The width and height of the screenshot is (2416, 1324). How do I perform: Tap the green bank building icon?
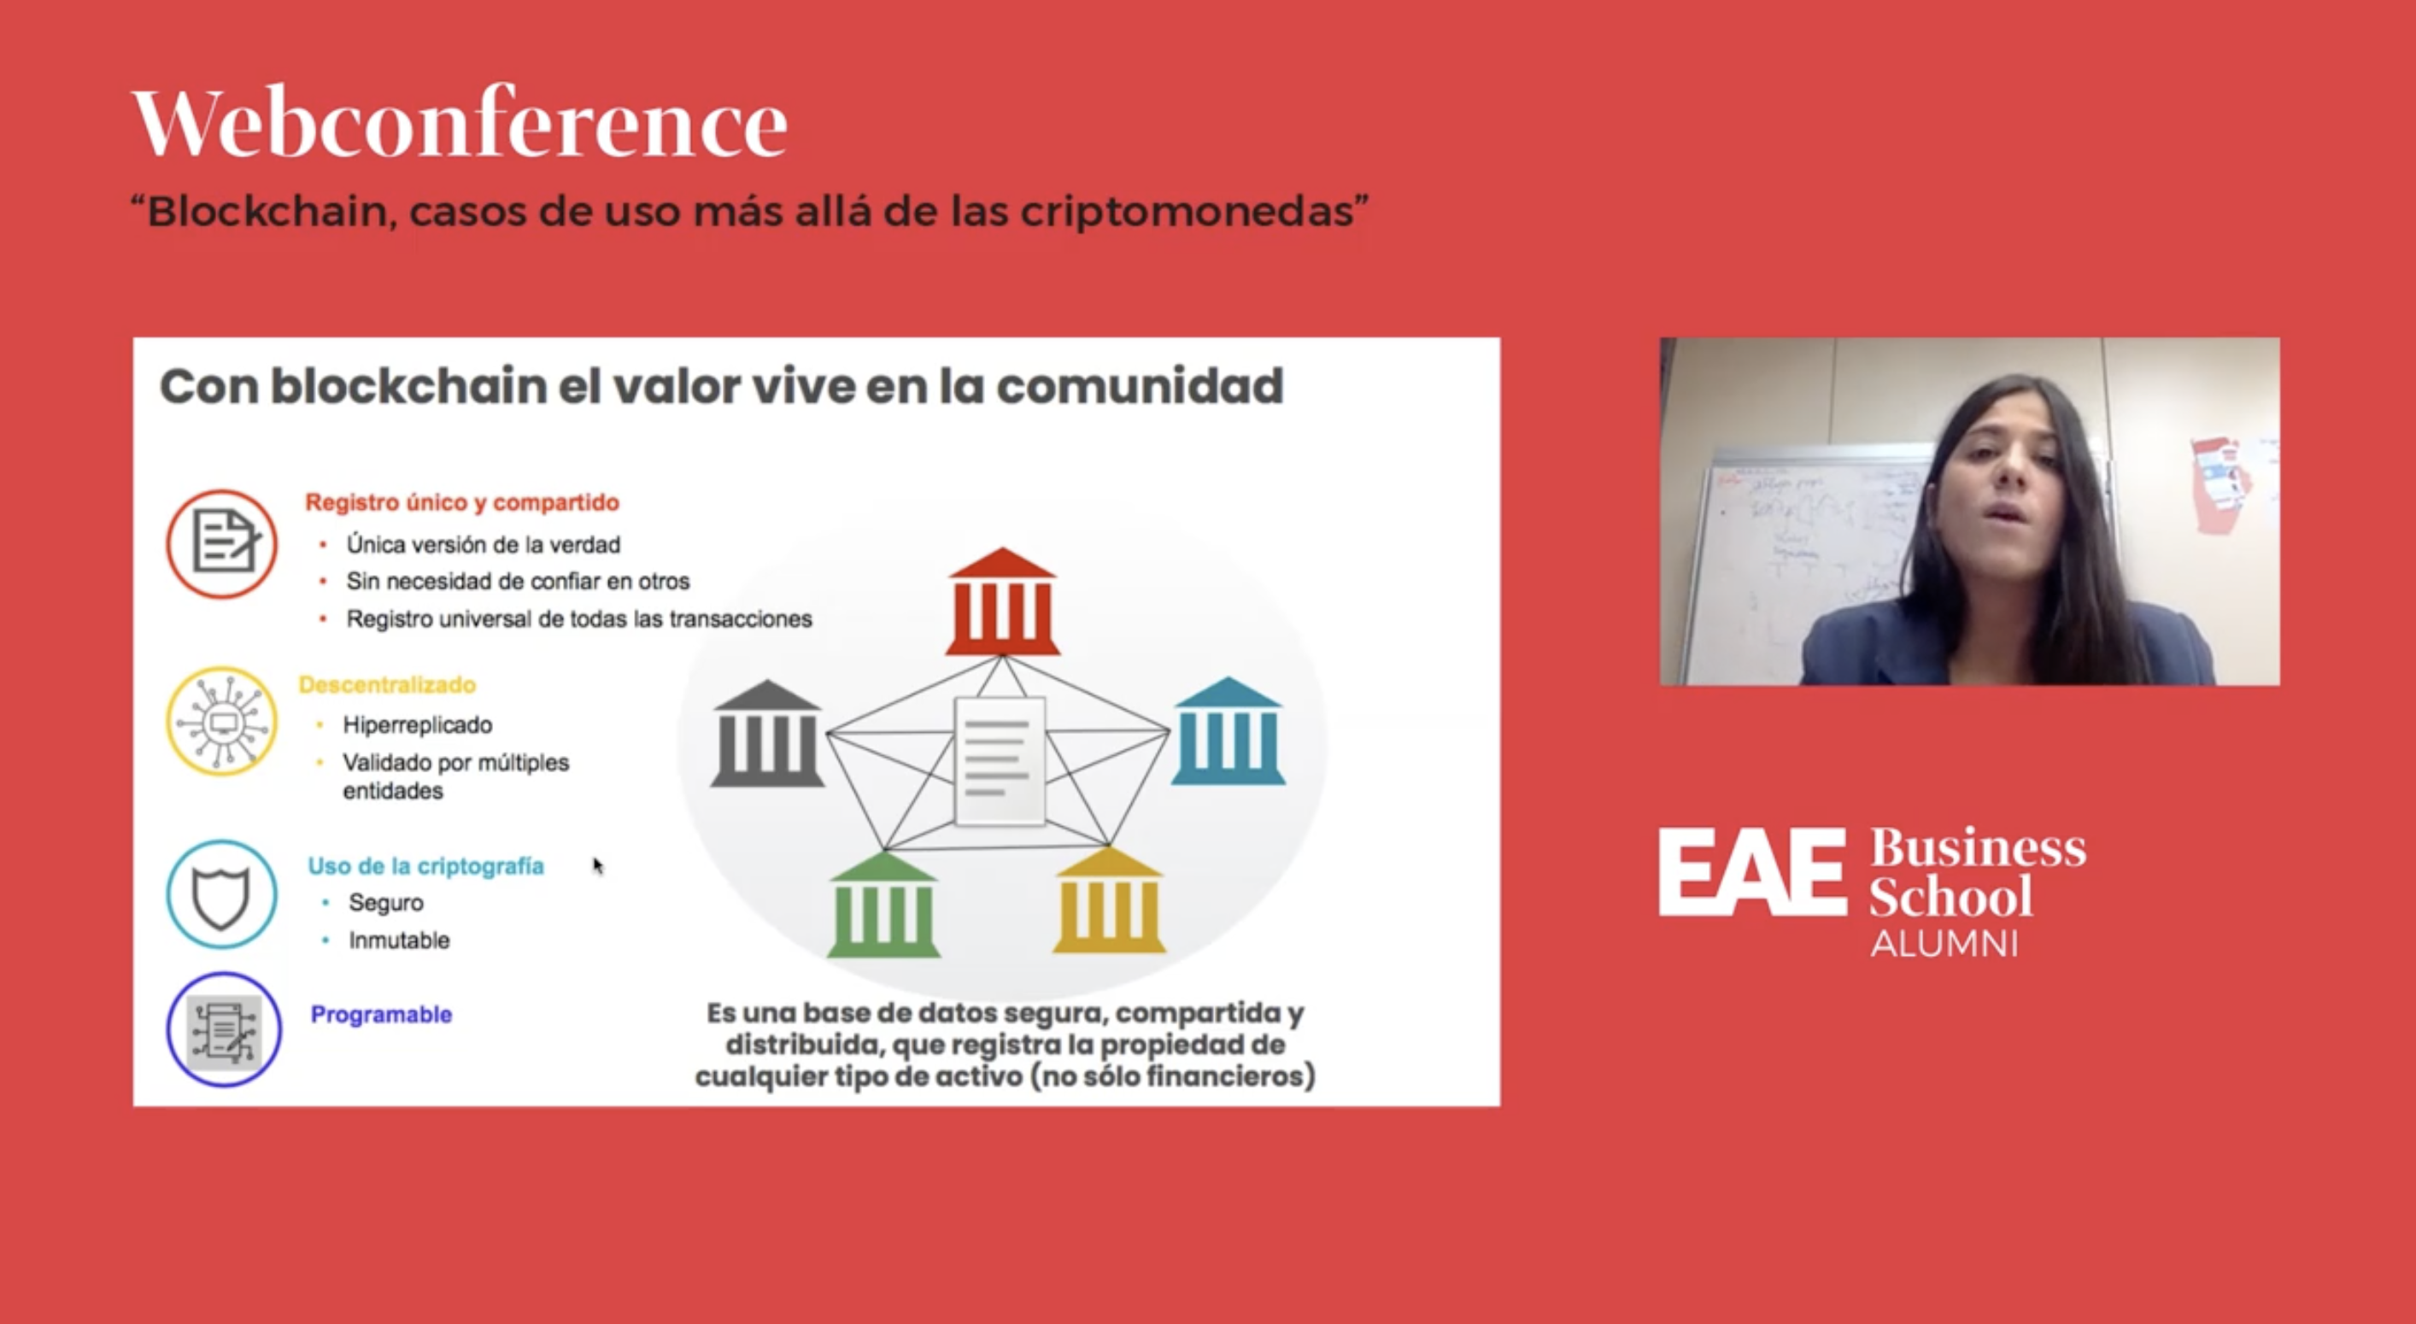(883, 905)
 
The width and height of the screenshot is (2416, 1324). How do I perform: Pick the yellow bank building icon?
(1109, 901)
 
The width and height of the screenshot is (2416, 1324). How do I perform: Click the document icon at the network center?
(999, 760)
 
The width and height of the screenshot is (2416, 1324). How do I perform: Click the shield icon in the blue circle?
(221, 894)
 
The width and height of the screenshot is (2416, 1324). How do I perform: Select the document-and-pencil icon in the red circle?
(222, 543)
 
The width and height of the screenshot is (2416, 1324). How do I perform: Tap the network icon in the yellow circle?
(222, 721)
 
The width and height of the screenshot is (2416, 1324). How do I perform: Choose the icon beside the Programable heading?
(223, 1029)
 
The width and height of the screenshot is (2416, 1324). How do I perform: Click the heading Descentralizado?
(386, 684)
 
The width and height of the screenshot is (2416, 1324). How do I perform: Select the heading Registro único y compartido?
(462, 502)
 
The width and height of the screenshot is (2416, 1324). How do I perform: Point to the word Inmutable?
(399, 940)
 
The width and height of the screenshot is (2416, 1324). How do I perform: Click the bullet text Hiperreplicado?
(418, 725)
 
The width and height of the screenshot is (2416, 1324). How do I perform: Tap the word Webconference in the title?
(460, 123)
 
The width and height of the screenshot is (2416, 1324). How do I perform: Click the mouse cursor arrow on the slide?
(597, 864)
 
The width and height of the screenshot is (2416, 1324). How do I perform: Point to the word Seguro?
(385, 902)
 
